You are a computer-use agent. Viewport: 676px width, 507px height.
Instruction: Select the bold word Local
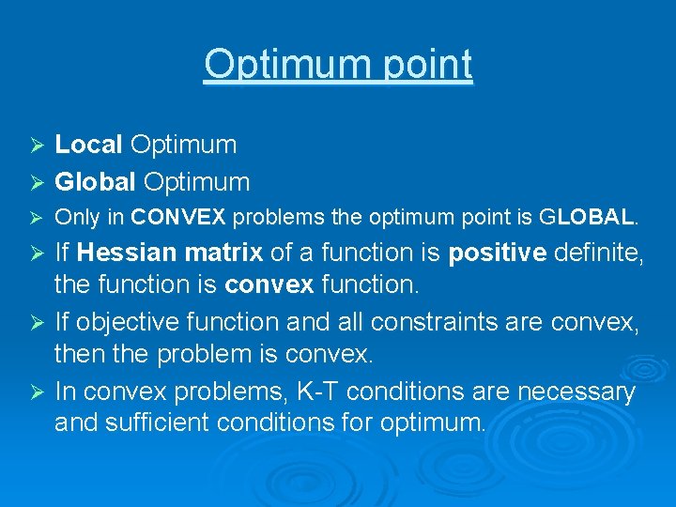click(x=88, y=145)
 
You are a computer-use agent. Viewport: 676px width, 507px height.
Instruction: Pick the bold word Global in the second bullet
click(x=94, y=181)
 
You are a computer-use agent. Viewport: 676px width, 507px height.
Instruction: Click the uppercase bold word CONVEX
click(x=178, y=218)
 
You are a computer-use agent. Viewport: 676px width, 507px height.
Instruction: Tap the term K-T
click(x=309, y=392)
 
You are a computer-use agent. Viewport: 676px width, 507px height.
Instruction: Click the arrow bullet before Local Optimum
click(x=38, y=146)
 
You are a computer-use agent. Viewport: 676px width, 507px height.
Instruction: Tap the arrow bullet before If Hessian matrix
click(x=38, y=253)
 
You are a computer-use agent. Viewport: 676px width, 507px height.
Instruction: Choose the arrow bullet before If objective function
click(x=38, y=323)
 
